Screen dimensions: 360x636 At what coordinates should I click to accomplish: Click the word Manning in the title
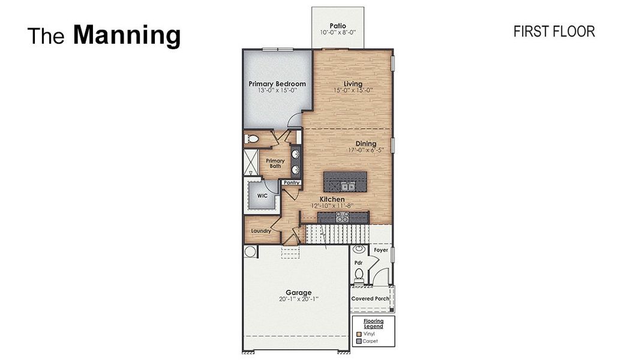127,35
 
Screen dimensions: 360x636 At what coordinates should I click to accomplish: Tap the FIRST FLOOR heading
554,32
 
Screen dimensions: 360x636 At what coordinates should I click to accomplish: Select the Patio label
337,25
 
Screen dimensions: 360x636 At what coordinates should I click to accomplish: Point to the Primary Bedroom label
277,83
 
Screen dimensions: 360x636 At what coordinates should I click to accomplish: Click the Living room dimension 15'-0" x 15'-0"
353,91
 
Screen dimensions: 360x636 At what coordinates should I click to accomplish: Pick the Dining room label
366,143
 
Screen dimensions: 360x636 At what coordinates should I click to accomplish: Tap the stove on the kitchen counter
343,218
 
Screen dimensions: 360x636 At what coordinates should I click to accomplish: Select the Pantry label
292,182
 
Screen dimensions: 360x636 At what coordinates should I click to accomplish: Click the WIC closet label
262,196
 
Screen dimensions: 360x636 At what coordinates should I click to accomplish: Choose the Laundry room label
261,231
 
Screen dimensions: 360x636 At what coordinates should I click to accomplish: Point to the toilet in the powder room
359,275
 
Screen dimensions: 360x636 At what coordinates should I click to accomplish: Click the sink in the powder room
359,248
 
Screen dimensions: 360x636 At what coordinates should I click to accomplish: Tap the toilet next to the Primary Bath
253,139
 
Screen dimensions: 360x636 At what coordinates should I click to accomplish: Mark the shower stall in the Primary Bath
250,162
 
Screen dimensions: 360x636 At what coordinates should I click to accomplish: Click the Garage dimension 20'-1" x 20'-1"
298,299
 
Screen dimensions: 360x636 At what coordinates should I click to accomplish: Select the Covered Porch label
370,298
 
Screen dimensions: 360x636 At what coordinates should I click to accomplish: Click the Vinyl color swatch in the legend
359,334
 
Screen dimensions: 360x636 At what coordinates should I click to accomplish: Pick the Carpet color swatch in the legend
359,341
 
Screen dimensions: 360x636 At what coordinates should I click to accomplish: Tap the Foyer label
381,250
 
